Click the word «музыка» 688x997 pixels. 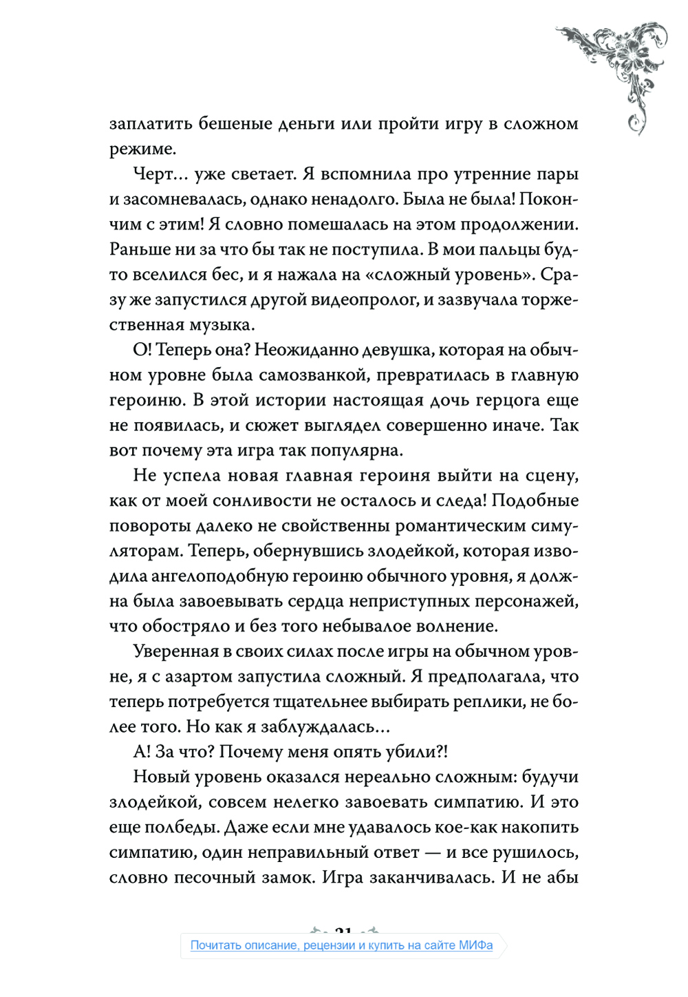tap(218, 324)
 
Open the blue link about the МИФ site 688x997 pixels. tap(341, 945)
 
